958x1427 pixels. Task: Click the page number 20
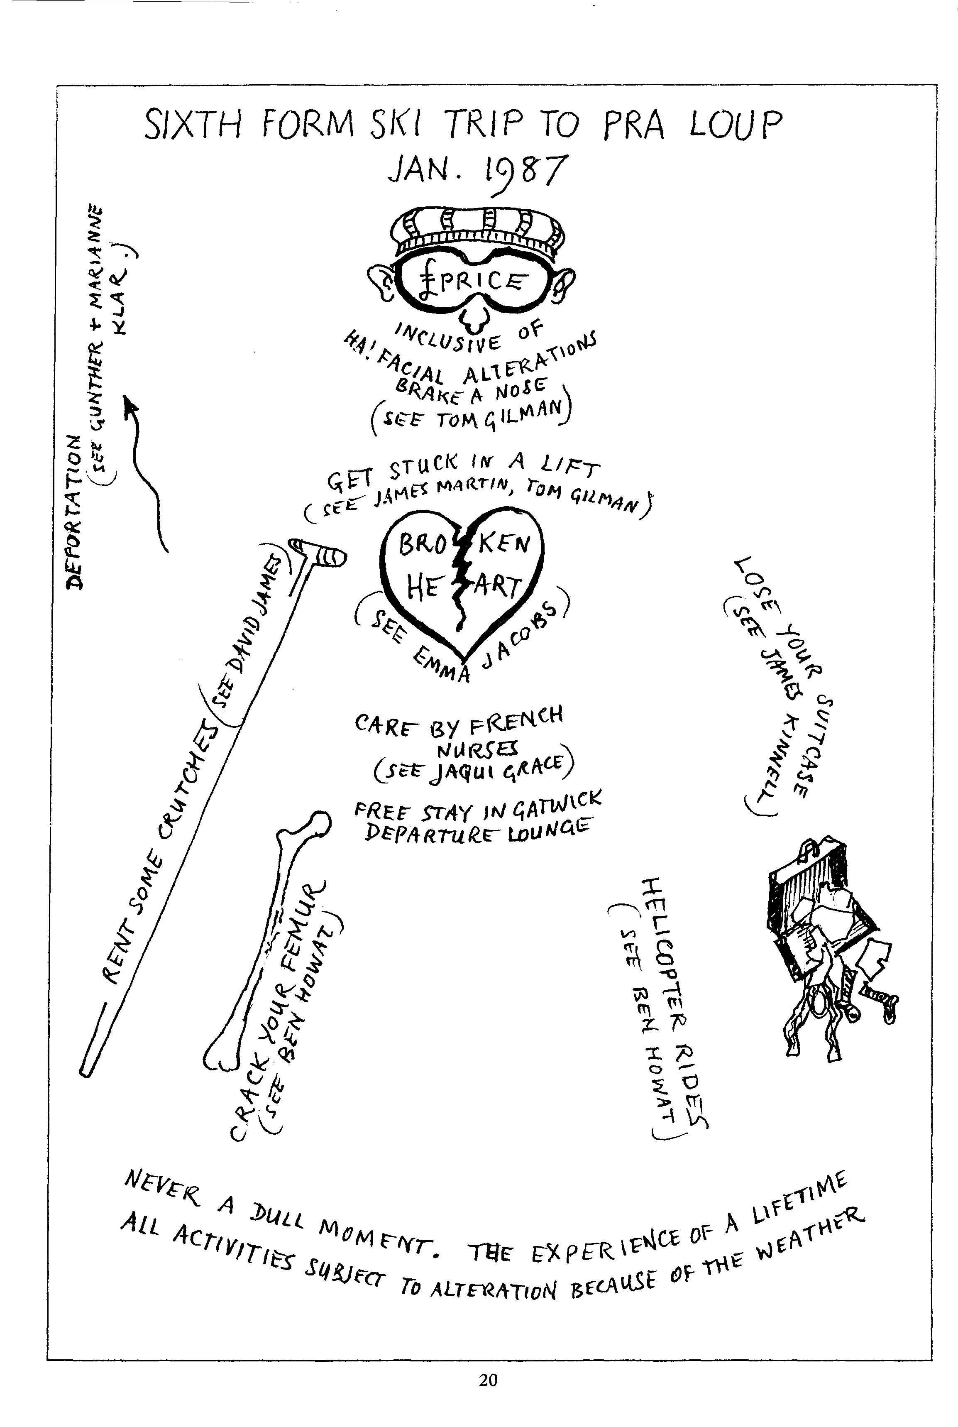click(x=488, y=1380)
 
